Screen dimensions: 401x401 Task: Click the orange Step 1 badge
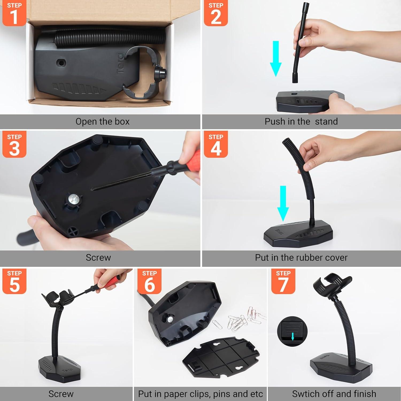[14, 13]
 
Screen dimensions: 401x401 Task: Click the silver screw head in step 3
[72, 199]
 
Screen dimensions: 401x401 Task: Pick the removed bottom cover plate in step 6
[225, 358]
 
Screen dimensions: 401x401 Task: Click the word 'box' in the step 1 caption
[122, 122]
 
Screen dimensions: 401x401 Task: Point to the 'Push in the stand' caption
[301, 122]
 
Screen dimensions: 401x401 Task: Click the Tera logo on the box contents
[121, 63]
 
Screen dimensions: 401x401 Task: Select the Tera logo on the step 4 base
[279, 231]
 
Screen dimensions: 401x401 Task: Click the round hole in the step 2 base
[294, 94]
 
